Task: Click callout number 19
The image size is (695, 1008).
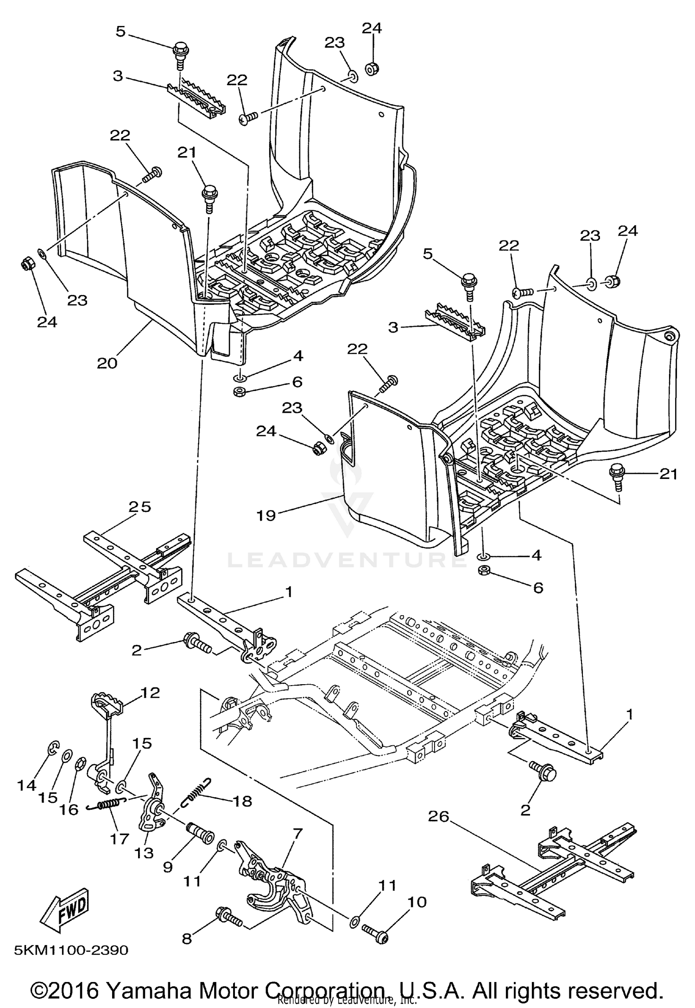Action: point(266,515)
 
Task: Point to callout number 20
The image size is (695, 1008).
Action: point(107,363)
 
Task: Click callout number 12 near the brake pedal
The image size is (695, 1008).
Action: point(150,706)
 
